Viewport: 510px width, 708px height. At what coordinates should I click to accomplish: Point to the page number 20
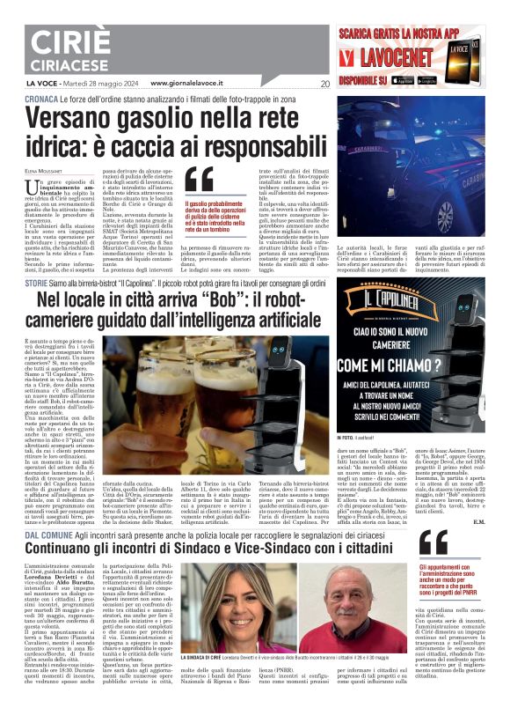[325, 85]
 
